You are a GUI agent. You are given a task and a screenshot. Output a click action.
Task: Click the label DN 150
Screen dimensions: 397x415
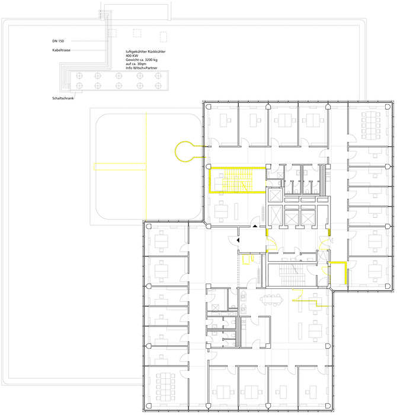58,41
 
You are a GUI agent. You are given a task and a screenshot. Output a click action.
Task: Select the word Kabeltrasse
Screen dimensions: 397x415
62,50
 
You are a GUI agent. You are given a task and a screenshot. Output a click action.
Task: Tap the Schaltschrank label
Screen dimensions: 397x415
63,98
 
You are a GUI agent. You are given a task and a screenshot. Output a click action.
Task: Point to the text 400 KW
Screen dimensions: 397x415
132,56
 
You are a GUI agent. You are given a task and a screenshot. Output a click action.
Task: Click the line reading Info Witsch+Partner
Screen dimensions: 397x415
142,68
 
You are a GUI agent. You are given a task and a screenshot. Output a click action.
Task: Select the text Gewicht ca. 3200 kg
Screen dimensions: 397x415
142,60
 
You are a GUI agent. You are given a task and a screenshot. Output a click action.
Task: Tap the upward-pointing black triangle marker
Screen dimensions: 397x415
255,226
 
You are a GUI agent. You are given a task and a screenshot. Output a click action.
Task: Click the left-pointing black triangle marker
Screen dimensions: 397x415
238,240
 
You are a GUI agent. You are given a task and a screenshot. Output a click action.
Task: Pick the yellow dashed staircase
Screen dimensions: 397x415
237,180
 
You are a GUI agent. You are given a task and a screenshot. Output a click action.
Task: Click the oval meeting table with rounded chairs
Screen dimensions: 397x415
272,300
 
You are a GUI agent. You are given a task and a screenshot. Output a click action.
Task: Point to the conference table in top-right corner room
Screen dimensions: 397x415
371,125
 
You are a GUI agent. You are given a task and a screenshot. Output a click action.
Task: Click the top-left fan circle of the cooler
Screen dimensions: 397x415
79,76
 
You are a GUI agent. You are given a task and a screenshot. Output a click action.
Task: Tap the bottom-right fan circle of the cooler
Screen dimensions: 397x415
158,86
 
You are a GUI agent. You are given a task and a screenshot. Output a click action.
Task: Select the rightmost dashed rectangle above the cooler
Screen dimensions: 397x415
164,37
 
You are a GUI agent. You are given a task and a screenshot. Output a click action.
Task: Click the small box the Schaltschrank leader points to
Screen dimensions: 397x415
76,92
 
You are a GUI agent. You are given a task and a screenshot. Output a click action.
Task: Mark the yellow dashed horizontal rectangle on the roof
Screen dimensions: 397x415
120,166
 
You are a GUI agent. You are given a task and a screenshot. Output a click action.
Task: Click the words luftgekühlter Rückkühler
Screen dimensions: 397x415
145,52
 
